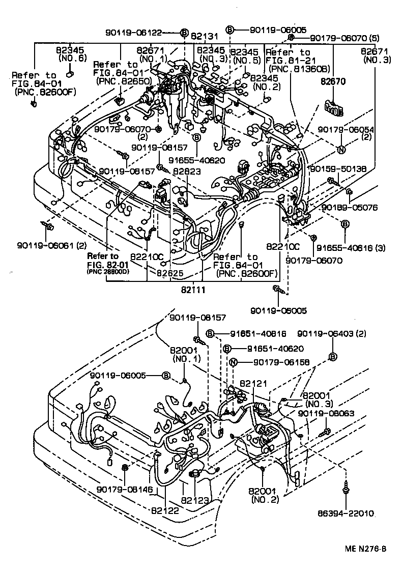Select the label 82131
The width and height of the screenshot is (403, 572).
(204, 37)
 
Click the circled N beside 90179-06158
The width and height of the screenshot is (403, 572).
(233, 363)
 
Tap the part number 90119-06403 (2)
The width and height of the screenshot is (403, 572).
(331, 334)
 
